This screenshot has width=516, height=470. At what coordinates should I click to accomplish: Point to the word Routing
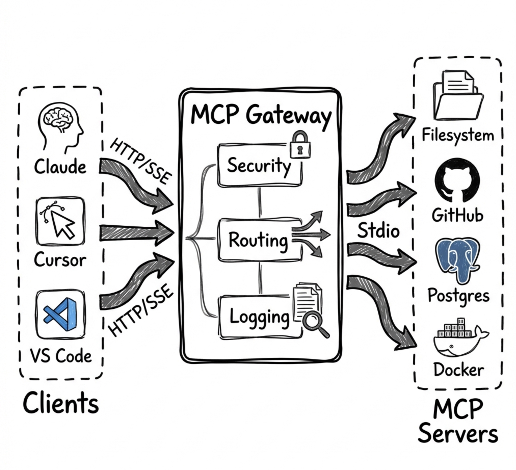tap(258, 241)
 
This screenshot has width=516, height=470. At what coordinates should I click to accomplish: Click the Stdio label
tap(378, 230)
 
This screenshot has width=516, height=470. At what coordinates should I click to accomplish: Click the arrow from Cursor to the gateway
tap(136, 233)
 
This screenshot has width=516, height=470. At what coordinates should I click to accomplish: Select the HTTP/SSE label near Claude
tap(140, 161)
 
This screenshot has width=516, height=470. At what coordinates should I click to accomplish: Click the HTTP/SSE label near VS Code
tap(140, 311)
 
